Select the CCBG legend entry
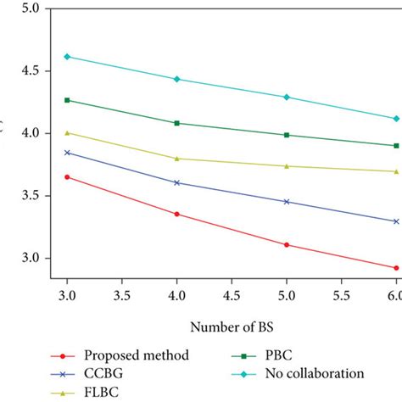coord(102,373)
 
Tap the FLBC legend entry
coord(102,392)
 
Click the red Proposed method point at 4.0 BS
coord(176,214)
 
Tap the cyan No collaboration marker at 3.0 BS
coord(67,57)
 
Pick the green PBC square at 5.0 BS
coord(287,135)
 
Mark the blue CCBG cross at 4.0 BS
coord(176,182)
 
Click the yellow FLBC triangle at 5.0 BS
coord(287,166)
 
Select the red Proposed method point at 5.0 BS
coord(287,245)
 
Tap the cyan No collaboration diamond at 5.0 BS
coord(287,97)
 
